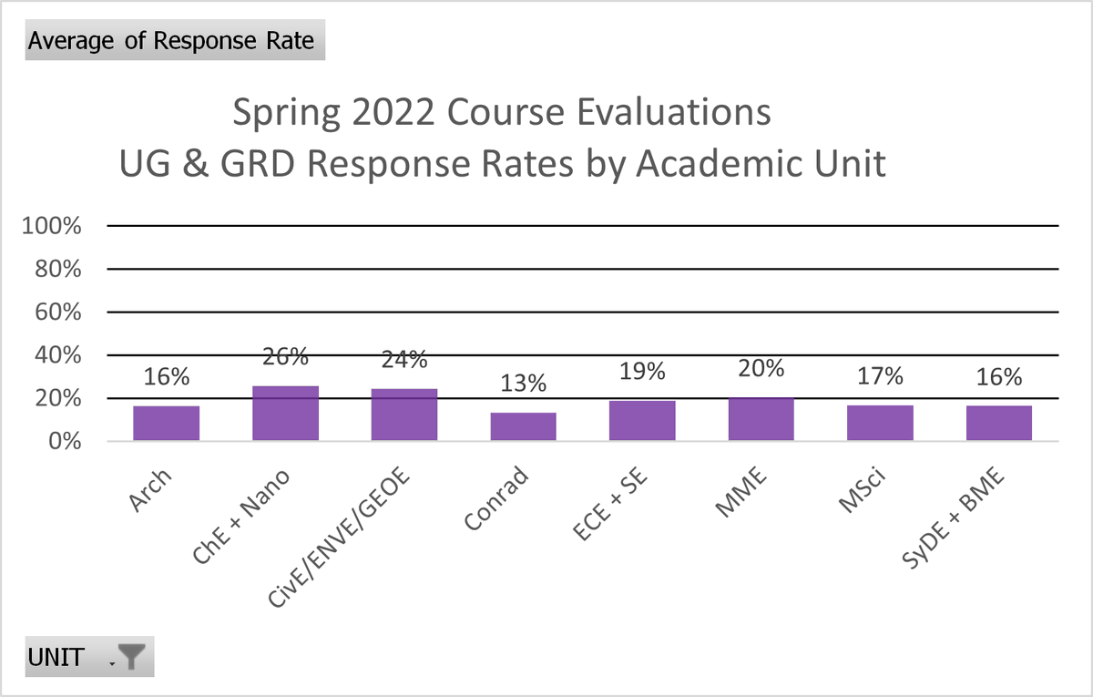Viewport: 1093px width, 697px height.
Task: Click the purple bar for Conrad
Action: point(523,426)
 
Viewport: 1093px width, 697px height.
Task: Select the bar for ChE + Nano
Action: point(285,414)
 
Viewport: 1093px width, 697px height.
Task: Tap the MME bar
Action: point(761,419)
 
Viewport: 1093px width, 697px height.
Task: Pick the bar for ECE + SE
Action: point(642,421)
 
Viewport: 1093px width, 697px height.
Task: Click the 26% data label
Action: point(285,357)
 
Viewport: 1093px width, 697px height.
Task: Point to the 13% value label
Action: point(523,384)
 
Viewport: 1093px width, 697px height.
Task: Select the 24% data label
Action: point(404,360)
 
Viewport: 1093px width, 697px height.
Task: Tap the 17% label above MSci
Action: point(880,376)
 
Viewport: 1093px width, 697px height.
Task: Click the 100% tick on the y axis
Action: point(51,226)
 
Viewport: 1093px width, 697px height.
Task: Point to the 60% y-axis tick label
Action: point(57,312)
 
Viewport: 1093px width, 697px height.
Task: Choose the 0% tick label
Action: point(65,441)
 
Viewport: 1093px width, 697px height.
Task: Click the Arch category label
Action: point(149,490)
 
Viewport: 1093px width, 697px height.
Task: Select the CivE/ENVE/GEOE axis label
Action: point(339,537)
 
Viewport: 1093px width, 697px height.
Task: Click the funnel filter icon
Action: point(132,657)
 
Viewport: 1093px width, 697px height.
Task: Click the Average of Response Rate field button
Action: point(175,40)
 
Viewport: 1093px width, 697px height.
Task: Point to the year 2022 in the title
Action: point(393,112)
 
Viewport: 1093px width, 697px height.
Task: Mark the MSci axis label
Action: point(862,490)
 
